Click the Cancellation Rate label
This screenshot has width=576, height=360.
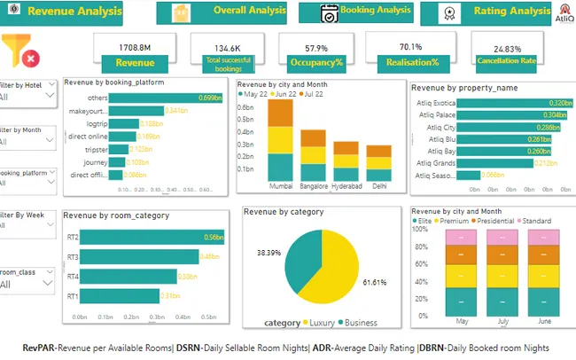point(502,62)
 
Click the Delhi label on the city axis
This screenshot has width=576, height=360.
point(378,188)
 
